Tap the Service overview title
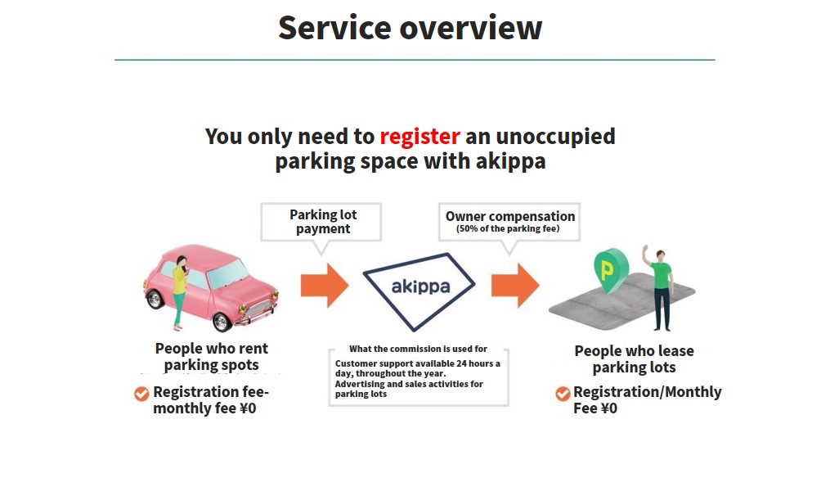tap(411, 28)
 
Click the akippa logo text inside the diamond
tap(420, 286)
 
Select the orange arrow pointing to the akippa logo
tap(325, 286)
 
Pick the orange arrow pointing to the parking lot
tap(515, 286)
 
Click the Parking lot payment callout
tap(321, 223)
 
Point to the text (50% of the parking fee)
tap(508, 228)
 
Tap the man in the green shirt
tap(658, 288)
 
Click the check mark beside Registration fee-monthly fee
tap(141, 394)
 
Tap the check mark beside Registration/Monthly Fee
tap(563, 394)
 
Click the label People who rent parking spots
tap(211, 357)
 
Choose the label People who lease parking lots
tap(634, 358)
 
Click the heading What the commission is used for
tap(418, 349)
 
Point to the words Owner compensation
tap(510, 216)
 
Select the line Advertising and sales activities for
tap(409, 384)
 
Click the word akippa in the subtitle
tap(510, 161)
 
